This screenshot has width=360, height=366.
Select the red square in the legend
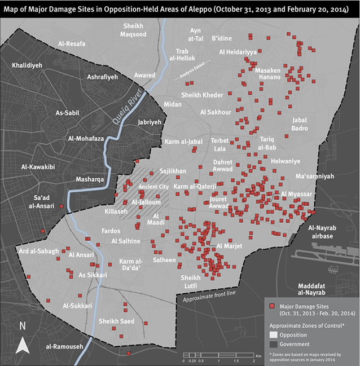click(x=272, y=305)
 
